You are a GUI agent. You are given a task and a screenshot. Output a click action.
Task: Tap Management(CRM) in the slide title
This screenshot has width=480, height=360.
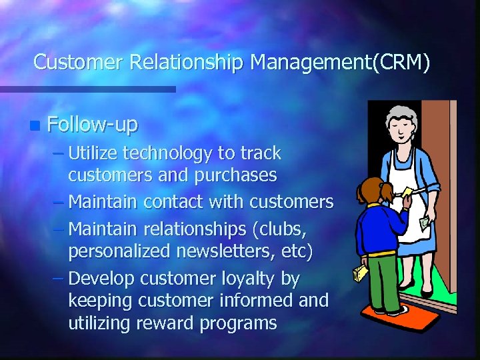[x=340, y=63]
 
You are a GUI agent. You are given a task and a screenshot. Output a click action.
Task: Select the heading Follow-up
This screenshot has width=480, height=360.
[x=93, y=124]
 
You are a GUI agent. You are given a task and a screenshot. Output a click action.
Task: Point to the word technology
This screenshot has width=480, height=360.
[x=167, y=153]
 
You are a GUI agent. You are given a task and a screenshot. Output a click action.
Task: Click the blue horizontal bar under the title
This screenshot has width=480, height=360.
[x=87, y=89]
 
